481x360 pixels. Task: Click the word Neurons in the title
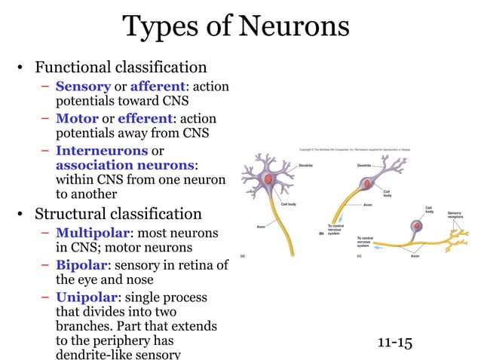point(295,27)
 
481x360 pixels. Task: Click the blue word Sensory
point(83,87)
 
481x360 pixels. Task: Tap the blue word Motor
point(76,118)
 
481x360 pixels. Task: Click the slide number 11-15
point(394,343)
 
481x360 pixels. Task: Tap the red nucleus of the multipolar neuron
point(270,178)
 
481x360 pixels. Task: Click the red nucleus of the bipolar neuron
point(366,184)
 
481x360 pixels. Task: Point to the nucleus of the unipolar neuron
point(415,225)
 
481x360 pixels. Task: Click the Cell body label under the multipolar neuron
point(288,204)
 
